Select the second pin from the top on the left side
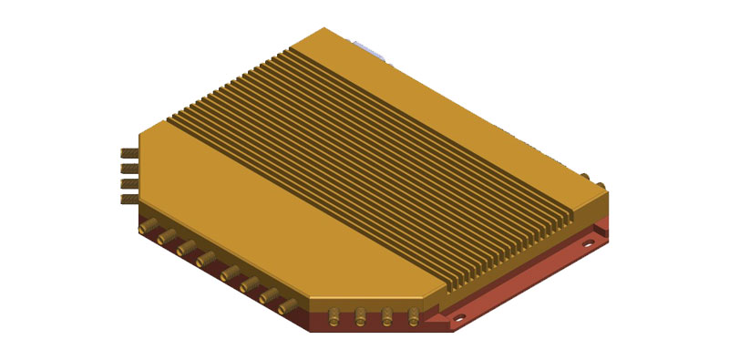(x=128, y=168)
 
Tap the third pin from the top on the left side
(x=128, y=183)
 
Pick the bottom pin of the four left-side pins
(x=128, y=199)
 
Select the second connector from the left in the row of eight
(x=165, y=237)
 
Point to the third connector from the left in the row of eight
(x=185, y=247)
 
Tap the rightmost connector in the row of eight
(x=287, y=305)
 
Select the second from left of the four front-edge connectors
(x=361, y=315)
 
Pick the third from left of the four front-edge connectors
(x=387, y=315)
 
